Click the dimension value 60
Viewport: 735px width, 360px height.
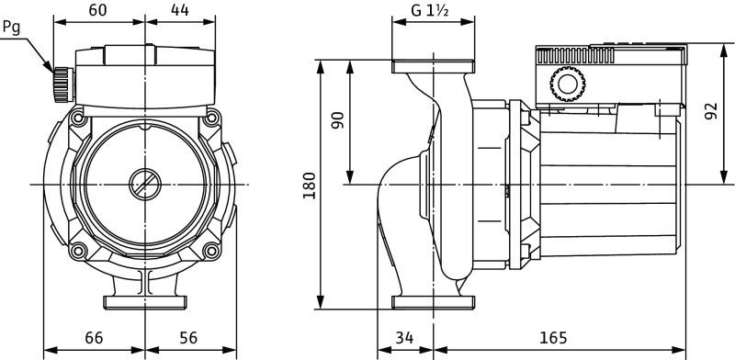pos(97,10)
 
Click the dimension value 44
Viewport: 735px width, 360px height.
pos(179,10)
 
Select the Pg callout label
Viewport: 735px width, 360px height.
pos(11,28)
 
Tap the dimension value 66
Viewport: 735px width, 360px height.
pos(94,338)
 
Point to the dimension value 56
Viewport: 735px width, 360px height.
pos(188,338)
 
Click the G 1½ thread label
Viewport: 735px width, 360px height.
pos(430,10)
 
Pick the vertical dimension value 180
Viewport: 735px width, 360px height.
pos(310,186)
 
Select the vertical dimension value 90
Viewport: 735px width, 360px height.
pos(337,120)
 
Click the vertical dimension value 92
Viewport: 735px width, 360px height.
pos(711,111)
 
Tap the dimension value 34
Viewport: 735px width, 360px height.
pos(404,338)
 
